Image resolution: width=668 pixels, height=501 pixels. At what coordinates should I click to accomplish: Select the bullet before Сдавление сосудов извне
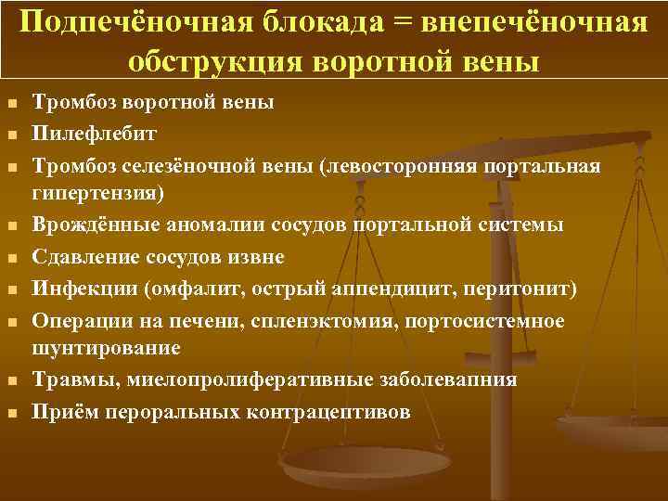12,257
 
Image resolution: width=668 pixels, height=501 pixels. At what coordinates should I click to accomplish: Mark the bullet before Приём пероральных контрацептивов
12,412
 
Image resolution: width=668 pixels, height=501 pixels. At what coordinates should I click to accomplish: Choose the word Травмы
71,379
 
